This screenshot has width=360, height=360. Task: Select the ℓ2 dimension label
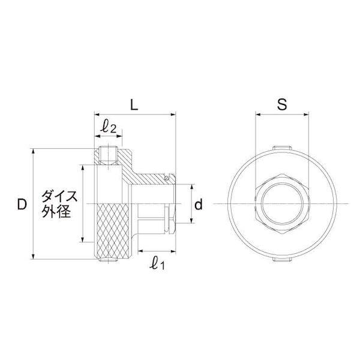(109, 127)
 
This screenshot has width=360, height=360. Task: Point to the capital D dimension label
(22, 205)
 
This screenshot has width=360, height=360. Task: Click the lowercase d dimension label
(199, 205)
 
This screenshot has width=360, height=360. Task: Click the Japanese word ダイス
(58, 196)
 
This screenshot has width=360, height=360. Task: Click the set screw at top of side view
(109, 154)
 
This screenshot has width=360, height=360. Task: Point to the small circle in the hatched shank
(166, 178)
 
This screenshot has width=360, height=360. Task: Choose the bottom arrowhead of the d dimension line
(191, 221)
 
